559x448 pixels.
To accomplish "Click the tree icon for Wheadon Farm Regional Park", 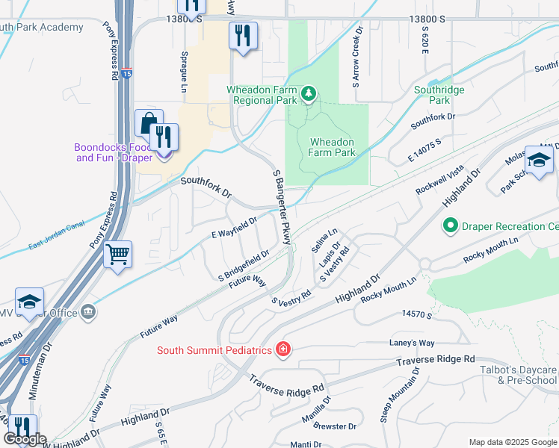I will click(309, 93).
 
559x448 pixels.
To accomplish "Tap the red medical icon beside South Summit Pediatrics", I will click(282, 349).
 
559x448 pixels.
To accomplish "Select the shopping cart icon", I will click(118, 255).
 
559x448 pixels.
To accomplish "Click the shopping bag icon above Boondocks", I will click(148, 124).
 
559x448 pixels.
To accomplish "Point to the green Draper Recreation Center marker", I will click(450, 225).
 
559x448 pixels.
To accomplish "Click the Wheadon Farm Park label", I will click(333, 147).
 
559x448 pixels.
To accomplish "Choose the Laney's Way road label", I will click(412, 343).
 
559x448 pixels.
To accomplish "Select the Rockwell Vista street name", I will click(440, 181).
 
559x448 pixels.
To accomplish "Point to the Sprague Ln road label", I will click(184, 72).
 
